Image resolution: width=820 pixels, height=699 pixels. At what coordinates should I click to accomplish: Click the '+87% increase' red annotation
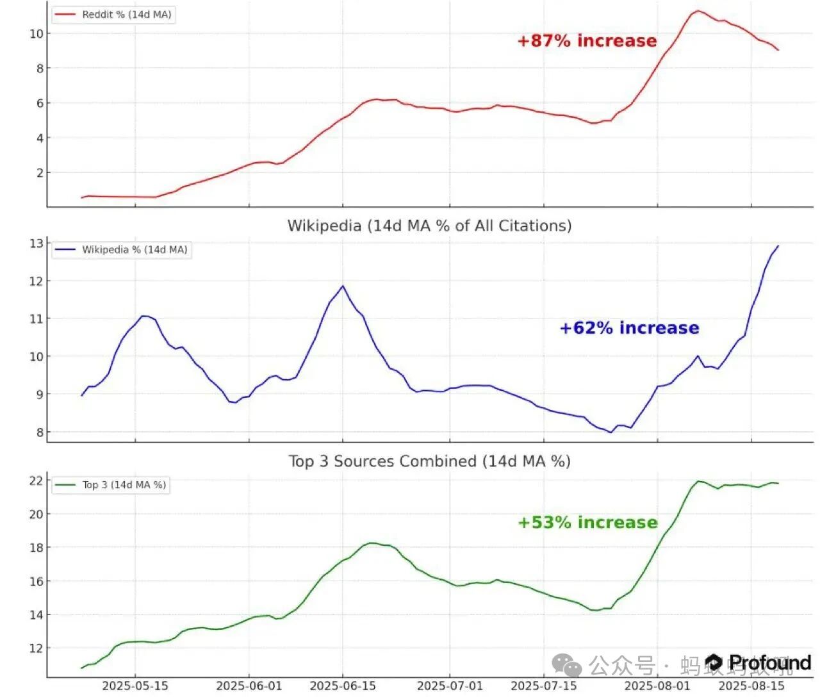click(587, 41)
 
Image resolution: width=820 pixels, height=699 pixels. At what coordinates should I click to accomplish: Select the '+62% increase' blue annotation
click(629, 328)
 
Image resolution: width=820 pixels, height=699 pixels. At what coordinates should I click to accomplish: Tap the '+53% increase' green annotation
click(587, 523)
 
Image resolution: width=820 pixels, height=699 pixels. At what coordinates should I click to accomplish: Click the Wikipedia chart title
click(429, 226)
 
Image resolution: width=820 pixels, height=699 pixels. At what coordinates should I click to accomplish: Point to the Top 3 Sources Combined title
click(429, 461)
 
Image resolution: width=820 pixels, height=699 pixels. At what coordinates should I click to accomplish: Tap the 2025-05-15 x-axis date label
click(135, 686)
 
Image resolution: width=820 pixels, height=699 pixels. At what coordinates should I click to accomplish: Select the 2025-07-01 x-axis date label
click(450, 686)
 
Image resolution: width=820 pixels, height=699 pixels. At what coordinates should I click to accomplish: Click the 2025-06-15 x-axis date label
click(343, 686)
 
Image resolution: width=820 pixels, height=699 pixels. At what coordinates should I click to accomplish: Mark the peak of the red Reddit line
click(698, 11)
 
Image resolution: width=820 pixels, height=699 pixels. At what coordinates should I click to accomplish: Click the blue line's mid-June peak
click(343, 286)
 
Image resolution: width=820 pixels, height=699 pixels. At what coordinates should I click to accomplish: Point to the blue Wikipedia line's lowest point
click(611, 432)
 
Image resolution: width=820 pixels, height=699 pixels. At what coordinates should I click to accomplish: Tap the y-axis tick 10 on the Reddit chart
click(36, 33)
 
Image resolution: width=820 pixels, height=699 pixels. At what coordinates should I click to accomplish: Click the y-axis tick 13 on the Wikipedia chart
click(36, 243)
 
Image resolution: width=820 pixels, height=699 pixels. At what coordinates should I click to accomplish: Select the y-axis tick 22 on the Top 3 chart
click(36, 481)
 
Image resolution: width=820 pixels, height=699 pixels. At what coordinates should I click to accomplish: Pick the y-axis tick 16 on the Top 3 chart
click(36, 581)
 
